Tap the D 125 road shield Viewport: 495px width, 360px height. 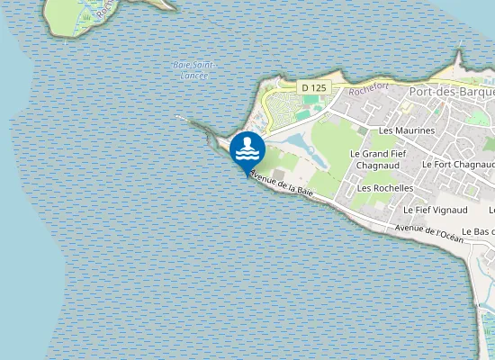click(x=313, y=87)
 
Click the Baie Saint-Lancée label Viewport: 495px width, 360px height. click(x=193, y=70)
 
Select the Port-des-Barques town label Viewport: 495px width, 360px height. click(x=451, y=92)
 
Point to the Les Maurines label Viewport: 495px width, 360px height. click(x=407, y=130)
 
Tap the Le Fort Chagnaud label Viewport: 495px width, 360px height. click(x=458, y=165)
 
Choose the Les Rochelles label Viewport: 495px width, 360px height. click(x=384, y=188)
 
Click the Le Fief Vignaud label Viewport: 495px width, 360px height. click(x=436, y=210)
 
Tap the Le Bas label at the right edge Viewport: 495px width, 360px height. click(x=478, y=232)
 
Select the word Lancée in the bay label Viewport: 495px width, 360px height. click(x=193, y=76)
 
